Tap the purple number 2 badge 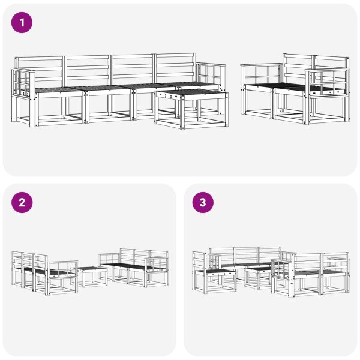click(22, 202)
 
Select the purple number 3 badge click(202, 202)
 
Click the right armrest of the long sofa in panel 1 click(211, 74)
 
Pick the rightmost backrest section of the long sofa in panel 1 click(175, 67)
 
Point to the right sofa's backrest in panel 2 click(143, 257)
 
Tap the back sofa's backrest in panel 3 click(246, 254)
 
